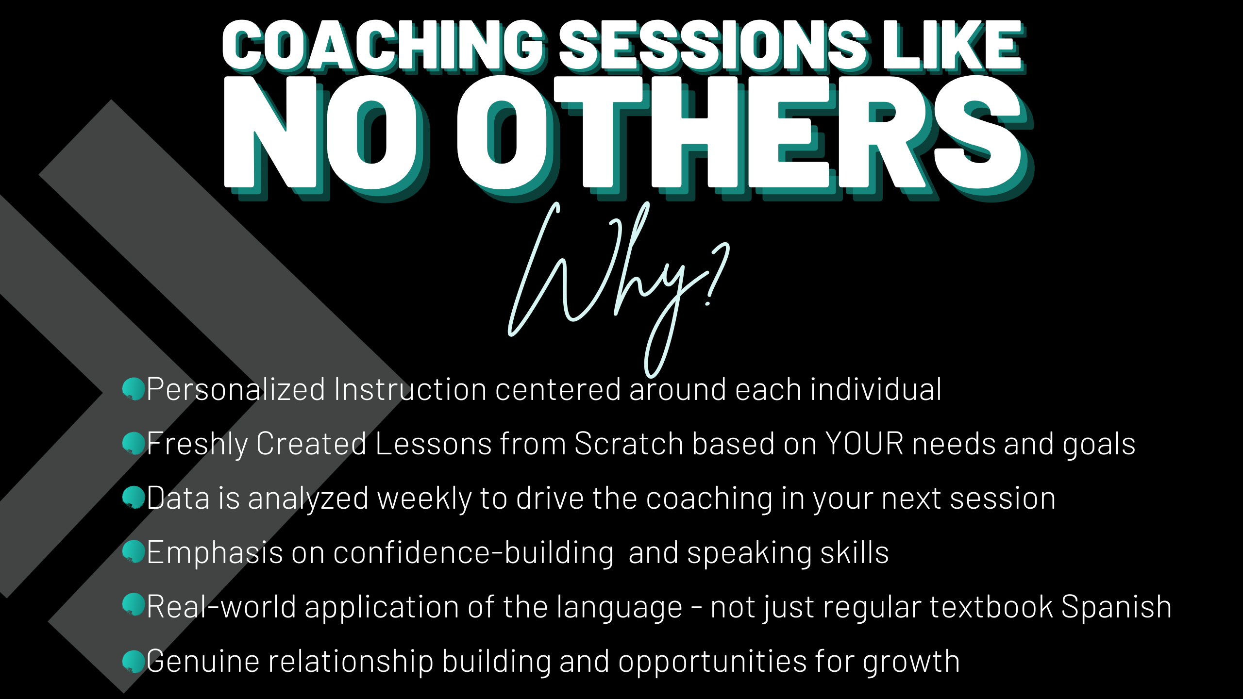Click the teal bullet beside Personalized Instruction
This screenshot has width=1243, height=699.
click(134, 389)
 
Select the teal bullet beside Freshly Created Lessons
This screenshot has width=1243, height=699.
click(134, 443)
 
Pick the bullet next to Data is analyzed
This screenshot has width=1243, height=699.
click(134, 498)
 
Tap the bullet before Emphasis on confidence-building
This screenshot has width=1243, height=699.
click(134, 552)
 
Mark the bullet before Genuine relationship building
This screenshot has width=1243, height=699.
click(134, 661)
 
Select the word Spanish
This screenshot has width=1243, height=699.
click(1116, 607)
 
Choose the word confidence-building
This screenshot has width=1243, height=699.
click(473, 553)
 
